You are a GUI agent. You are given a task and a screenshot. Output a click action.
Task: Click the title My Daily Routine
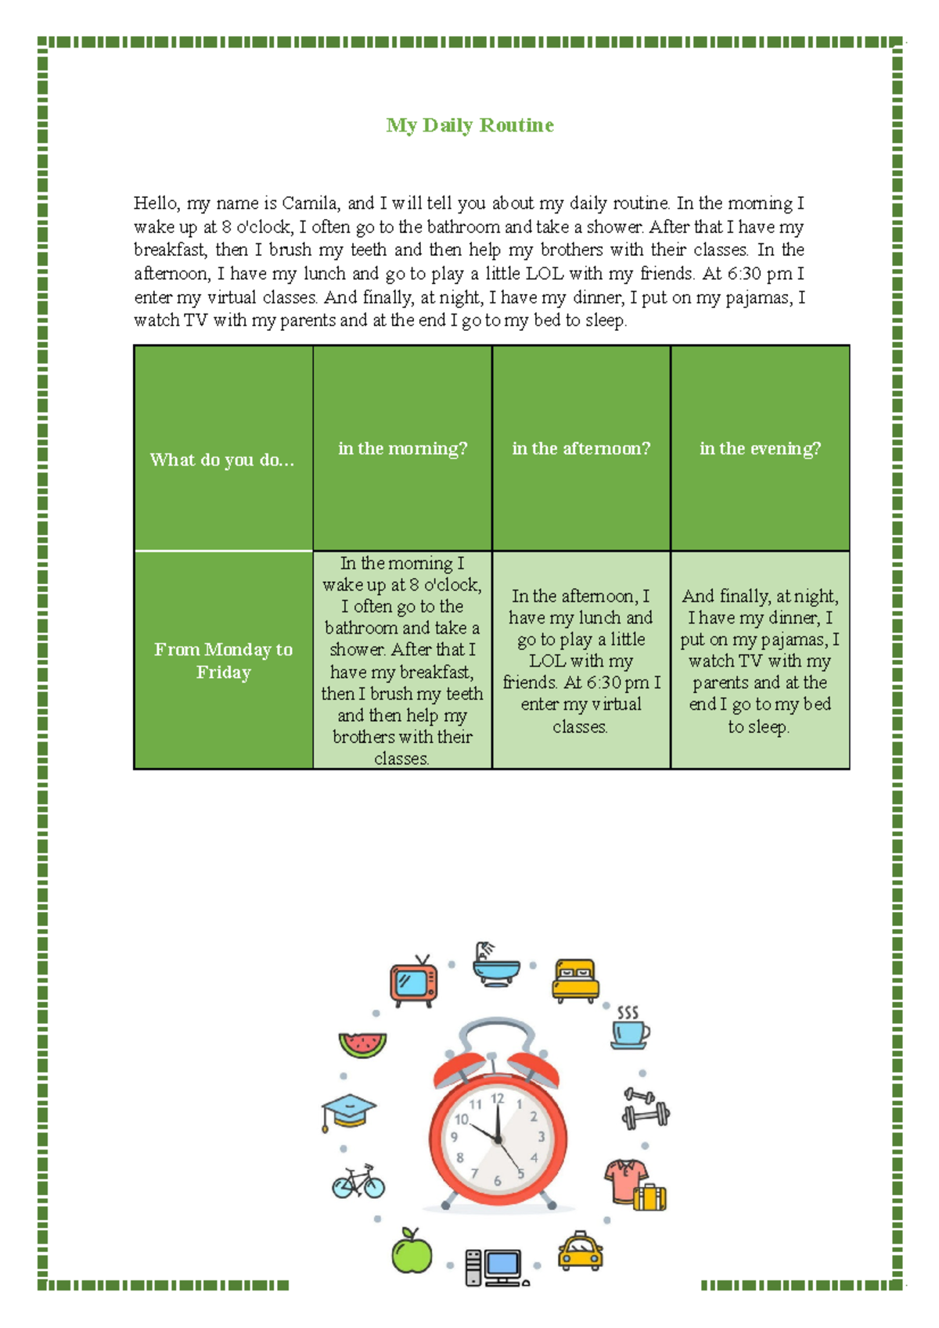pos(469,125)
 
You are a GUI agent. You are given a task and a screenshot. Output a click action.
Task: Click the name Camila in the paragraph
pos(309,203)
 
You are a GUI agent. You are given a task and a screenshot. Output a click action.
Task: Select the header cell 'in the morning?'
pos(402,448)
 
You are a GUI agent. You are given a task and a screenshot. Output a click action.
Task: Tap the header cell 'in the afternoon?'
pos(581,448)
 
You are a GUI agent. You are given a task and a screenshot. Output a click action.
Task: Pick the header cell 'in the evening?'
pos(760,448)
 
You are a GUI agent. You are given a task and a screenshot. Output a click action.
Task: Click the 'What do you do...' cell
pos(222,459)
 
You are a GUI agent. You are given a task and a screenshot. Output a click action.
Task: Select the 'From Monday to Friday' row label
pos(223,661)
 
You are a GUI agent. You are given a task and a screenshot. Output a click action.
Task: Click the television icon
pos(413,982)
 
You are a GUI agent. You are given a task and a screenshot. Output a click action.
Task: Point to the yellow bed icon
pos(575,980)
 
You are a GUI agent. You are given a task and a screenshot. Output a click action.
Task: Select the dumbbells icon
pos(646,1109)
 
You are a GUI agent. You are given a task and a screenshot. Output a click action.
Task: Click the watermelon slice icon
pos(362,1045)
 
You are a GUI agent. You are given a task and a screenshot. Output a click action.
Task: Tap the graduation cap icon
pos(348,1111)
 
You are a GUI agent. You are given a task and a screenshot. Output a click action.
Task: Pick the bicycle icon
pos(358,1182)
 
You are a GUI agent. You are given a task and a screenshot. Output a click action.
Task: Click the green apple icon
pos(412,1251)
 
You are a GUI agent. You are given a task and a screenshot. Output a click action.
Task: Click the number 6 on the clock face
pos(497,1181)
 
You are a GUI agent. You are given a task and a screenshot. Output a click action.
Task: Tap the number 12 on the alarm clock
pos(498,1099)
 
